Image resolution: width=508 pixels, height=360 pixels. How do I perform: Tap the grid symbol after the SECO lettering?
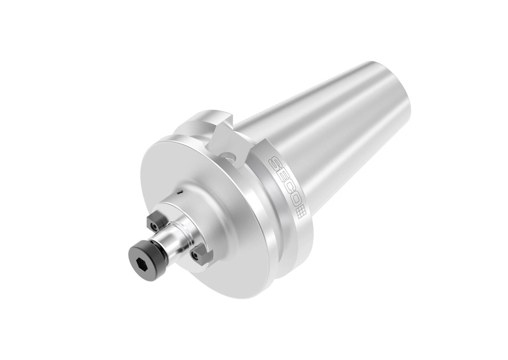pyautogui.click(x=301, y=212)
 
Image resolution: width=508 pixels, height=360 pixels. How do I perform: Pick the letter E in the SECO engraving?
pyautogui.click(x=280, y=175)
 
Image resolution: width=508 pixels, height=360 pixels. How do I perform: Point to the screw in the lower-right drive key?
pyautogui.click(x=197, y=257)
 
